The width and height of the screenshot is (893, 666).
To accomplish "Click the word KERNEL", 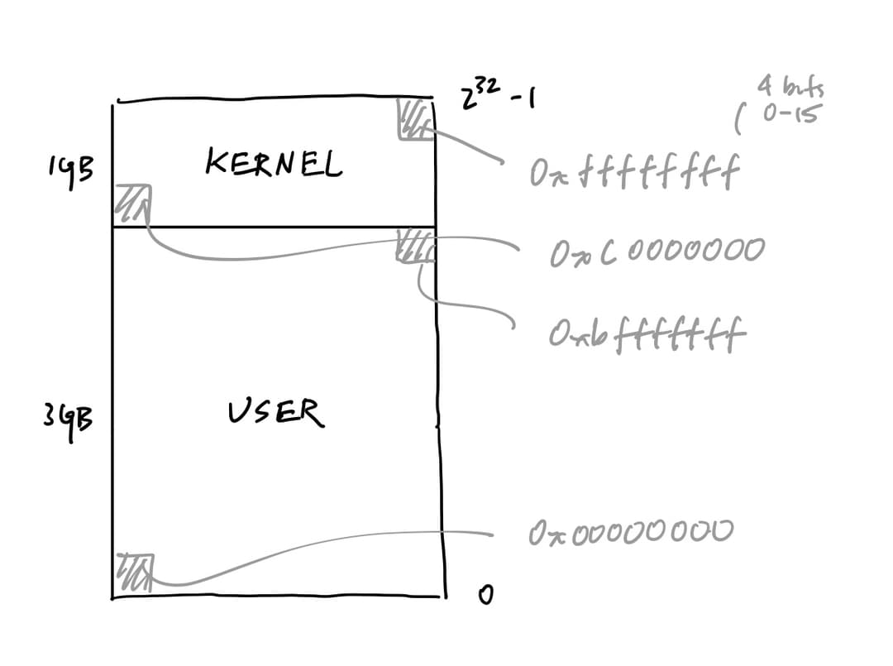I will click(273, 165).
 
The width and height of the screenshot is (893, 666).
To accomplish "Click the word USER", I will click(276, 411).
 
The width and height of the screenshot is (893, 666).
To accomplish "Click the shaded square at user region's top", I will click(414, 247).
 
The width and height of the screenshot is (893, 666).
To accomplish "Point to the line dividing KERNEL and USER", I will click(273, 227).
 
